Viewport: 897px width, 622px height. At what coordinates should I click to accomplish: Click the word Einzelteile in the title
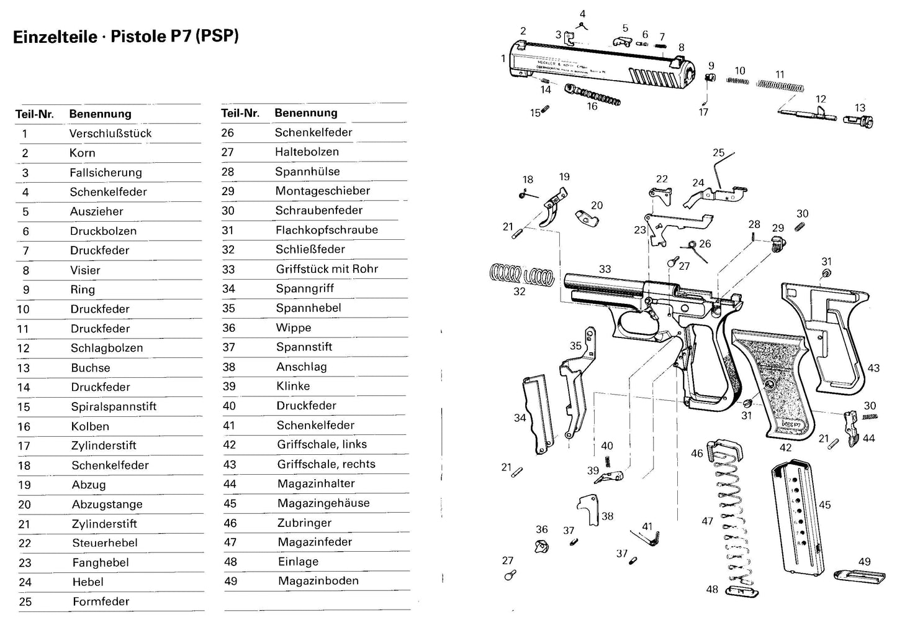point(55,37)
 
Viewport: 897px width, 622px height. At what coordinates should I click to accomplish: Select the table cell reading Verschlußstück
point(110,134)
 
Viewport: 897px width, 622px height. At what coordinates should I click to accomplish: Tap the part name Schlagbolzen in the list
point(107,348)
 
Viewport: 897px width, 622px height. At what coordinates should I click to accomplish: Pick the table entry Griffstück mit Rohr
point(327,269)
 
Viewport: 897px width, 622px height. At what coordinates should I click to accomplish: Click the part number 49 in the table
point(230,581)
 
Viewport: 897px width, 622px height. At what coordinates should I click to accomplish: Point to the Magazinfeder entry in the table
point(315,542)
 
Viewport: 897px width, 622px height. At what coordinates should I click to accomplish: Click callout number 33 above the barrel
point(605,269)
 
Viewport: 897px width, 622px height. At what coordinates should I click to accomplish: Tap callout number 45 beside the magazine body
point(824,505)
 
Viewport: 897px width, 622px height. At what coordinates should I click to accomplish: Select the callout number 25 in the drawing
point(718,153)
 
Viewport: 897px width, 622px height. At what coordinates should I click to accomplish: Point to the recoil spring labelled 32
point(521,273)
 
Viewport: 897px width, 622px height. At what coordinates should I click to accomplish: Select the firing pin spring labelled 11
point(780,85)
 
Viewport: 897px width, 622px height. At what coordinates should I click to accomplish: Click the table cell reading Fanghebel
point(101,562)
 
